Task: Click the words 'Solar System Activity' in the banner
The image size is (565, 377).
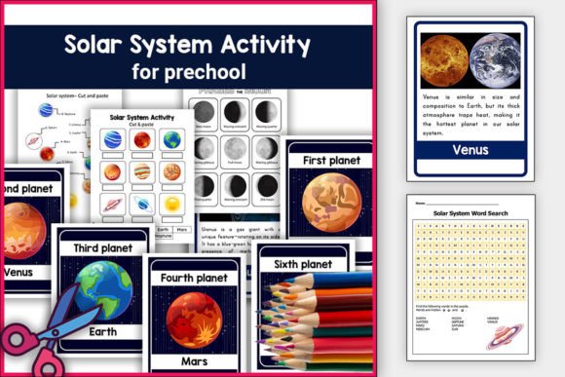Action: pyautogui.click(x=187, y=45)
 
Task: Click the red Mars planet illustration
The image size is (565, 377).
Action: pyautogui.click(x=195, y=318)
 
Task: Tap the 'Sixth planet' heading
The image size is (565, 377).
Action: pyautogui.click(x=302, y=264)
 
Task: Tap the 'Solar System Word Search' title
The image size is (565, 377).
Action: pyautogui.click(x=471, y=212)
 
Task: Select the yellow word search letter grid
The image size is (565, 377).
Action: pyautogui.click(x=471, y=261)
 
